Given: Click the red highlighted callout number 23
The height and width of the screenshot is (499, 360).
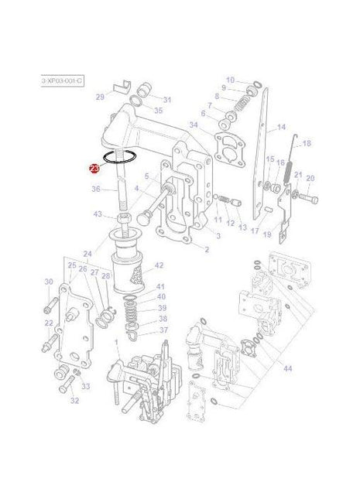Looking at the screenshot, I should point(94,168).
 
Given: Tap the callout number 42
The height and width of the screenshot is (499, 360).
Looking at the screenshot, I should point(159,265).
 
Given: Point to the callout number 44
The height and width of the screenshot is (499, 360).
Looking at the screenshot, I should point(287,369).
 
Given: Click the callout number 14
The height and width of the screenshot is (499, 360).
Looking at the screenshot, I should point(281,127).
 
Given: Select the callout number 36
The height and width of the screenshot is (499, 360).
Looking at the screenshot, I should point(96,189).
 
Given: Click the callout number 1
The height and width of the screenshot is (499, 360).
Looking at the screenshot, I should point(116,341).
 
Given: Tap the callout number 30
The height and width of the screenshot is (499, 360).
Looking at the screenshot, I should point(49,282).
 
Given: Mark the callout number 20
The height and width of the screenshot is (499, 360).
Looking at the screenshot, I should point(310,178).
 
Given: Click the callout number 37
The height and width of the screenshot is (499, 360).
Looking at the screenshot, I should point(163,330).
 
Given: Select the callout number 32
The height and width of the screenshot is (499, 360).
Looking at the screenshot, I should point(74,401).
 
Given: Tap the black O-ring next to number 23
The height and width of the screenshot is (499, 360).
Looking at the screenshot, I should point(122,158).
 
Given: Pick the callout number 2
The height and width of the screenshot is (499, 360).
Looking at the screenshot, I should point(206,249).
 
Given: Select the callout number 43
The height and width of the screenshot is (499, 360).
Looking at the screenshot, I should point(98,214).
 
